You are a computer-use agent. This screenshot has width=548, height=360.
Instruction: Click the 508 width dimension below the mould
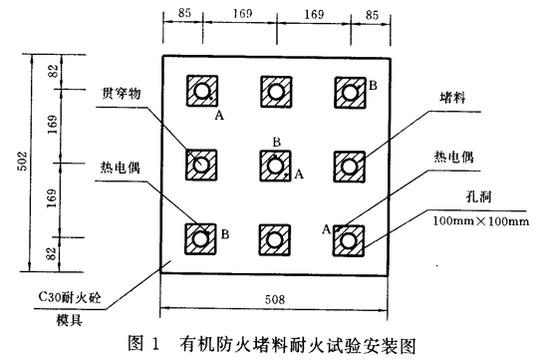tap(275, 299)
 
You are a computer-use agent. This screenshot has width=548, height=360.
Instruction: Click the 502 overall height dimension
tap(22, 161)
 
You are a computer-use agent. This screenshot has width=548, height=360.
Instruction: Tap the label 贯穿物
tap(121, 94)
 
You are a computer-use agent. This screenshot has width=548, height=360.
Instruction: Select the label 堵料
tap(452, 98)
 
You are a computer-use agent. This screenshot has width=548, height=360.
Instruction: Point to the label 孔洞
tap(478, 196)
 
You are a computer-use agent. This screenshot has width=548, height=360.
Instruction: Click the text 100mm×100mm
tap(481, 221)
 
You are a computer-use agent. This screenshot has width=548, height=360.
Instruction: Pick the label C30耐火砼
tap(70, 297)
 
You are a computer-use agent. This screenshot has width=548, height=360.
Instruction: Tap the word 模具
tap(70, 320)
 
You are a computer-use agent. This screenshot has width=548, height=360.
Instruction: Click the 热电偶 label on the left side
tap(121, 168)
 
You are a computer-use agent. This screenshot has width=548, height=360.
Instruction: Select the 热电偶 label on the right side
tap(453, 157)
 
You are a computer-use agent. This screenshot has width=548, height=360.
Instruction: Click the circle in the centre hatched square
tap(275, 166)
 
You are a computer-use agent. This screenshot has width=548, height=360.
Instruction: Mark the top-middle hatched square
tap(276, 92)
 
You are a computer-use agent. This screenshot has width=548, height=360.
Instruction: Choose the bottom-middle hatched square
tap(275, 240)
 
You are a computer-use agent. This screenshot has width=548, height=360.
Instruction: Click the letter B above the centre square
tap(276, 142)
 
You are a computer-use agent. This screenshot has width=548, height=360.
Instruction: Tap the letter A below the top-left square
tap(219, 115)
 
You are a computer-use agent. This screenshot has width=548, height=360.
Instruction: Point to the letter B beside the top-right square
tap(373, 86)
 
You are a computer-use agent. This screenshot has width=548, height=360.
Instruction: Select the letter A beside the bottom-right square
tap(326, 229)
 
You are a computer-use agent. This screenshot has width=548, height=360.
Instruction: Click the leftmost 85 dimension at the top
tap(184, 13)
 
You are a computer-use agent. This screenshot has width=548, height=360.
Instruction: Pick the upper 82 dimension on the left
tap(53, 72)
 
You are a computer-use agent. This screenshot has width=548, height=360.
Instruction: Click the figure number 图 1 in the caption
tap(143, 343)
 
